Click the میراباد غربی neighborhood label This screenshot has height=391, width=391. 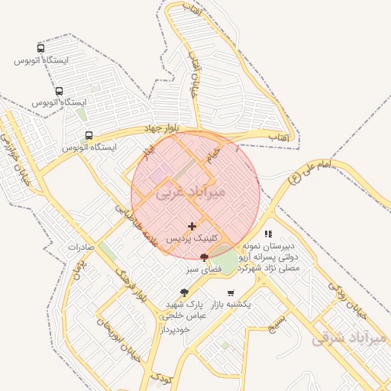[x=191, y=193]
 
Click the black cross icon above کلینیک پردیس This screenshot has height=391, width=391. [x=192, y=226]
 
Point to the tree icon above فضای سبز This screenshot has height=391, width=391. [x=204, y=257]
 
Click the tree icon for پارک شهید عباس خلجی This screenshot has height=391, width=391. [x=184, y=292]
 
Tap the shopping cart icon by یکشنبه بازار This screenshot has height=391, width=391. [x=231, y=292]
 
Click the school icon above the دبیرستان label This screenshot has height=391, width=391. [x=267, y=234]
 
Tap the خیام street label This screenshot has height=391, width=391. [x=213, y=155]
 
